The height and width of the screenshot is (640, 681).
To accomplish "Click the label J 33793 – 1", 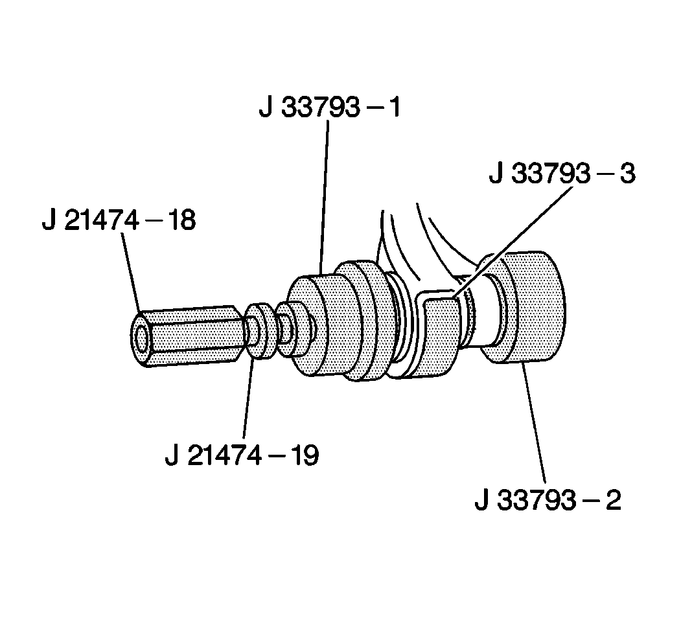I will [x=330, y=107].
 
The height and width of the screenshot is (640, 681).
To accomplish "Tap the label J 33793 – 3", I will [x=562, y=175].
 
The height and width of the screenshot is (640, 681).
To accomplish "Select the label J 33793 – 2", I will [x=548, y=501].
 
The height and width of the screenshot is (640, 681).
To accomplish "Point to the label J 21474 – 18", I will [x=119, y=221].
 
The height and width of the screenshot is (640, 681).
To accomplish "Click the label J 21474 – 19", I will [x=242, y=455].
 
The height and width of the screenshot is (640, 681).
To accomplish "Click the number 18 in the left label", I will [x=179, y=221].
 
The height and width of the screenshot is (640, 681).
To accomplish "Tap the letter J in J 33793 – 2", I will [x=481, y=501].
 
